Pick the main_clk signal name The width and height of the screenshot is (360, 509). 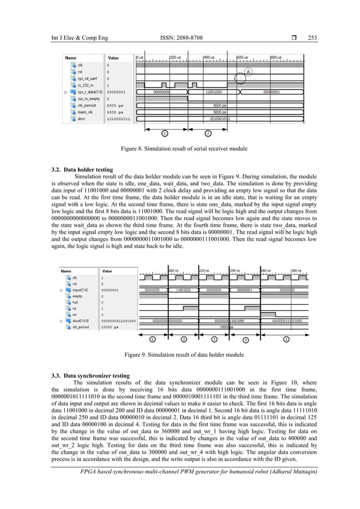pyautogui.click(x=85, y=112)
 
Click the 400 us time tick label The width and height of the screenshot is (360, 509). pyautogui.click(x=209, y=58)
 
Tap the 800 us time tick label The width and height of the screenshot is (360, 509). pyautogui.click(x=276, y=58)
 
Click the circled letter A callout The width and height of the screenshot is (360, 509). pyautogui.click(x=248, y=72)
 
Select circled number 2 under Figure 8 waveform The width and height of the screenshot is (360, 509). pyautogui.click(x=208, y=133)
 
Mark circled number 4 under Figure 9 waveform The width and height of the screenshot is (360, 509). pyautogui.click(x=245, y=340)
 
